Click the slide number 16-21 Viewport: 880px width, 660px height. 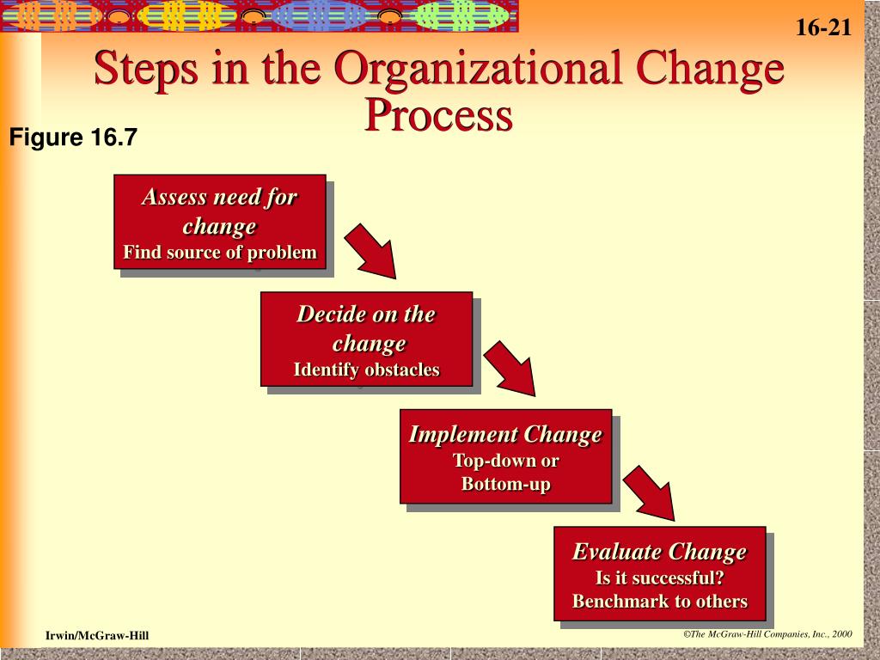(823, 27)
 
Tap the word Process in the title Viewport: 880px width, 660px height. (438, 115)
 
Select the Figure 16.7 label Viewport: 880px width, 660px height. (73, 137)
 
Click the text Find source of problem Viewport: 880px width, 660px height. (220, 252)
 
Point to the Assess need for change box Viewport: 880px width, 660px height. (220, 222)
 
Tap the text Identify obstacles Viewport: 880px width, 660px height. (366, 370)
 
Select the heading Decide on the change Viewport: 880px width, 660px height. (366, 329)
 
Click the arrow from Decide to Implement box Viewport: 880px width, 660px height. (510, 368)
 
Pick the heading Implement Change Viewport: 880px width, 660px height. (505, 434)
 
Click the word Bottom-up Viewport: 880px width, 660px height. (505, 484)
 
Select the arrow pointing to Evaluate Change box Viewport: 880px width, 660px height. (650, 492)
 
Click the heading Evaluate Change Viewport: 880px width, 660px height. (659, 552)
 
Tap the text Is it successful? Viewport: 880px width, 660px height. (659, 577)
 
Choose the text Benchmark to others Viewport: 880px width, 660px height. (659, 601)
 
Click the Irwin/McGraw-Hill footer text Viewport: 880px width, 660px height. (97, 635)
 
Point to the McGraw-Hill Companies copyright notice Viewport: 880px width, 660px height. (767, 634)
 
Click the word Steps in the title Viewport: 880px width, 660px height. (146, 69)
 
